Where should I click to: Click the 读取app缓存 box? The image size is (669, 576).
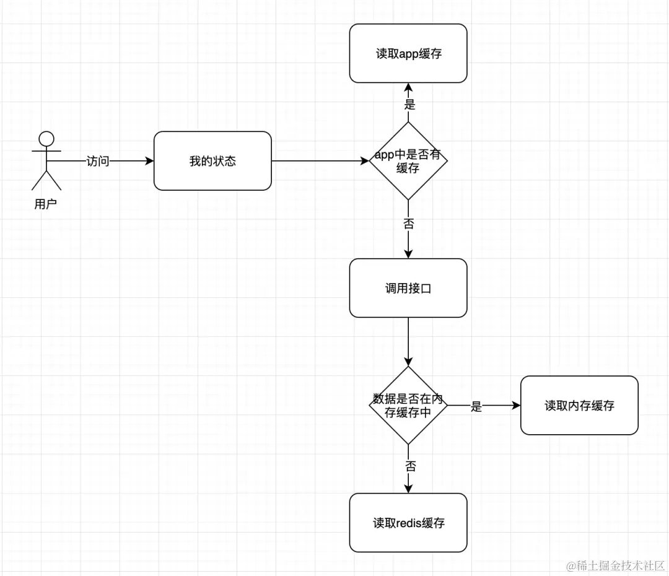point(408,53)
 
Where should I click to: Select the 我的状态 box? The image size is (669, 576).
point(212,161)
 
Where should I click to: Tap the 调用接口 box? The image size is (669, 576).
point(408,288)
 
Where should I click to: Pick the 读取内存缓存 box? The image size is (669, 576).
point(579,406)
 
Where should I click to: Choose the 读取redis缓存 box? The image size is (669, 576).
point(408,523)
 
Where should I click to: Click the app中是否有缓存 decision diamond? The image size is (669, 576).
point(408,161)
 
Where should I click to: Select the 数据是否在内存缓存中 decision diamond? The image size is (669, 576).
point(408,406)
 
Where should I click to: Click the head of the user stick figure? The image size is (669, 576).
point(46,138)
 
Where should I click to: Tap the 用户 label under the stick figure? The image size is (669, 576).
point(46,204)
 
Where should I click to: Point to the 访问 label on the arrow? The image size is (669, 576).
point(98,161)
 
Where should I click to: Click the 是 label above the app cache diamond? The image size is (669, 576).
point(409,104)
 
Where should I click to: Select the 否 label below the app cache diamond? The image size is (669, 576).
point(408,224)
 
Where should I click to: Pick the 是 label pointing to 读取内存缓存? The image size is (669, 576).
point(476,406)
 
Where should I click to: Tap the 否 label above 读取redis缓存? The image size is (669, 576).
point(410,466)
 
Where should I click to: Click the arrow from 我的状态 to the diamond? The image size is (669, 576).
point(319,161)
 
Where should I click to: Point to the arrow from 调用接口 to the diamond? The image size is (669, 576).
point(408,341)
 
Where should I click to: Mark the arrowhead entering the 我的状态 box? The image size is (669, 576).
point(149,161)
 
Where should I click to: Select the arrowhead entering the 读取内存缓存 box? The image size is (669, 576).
point(516,406)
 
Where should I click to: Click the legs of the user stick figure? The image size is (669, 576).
point(46,179)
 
